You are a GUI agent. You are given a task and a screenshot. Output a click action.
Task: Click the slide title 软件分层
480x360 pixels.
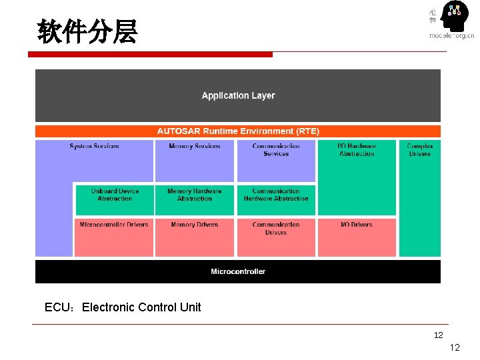click(x=87, y=31)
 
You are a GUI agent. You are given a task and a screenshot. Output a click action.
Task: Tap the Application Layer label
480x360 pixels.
click(x=238, y=95)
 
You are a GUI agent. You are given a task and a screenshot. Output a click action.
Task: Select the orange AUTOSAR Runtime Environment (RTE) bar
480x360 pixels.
click(x=238, y=131)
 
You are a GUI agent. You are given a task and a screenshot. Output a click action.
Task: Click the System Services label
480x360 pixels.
click(x=94, y=146)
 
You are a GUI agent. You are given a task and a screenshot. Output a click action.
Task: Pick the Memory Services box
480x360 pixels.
click(x=195, y=160)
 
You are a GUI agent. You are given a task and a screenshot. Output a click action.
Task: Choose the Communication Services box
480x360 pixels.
click(x=276, y=160)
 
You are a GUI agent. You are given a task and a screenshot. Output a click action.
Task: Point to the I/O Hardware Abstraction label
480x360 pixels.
click(x=357, y=150)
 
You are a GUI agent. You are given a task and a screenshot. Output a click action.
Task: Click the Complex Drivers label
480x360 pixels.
click(x=419, y=150)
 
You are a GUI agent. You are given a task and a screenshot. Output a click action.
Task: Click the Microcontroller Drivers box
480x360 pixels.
click(x=114, y=237)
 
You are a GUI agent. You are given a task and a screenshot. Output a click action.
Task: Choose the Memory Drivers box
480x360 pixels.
click(x=195, y=237)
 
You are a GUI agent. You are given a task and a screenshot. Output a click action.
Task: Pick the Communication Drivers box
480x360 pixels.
click(x=276, y=237)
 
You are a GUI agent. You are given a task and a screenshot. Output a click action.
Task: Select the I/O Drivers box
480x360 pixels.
click(x=357, y=237)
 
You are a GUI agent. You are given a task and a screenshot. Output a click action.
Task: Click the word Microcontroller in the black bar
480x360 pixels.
click(x=238, y=271)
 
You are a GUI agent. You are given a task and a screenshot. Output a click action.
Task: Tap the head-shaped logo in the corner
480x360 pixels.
click(x=456, y=19)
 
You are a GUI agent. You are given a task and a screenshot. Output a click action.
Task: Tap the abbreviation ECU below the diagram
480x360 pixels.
click(x=59, y=307)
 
